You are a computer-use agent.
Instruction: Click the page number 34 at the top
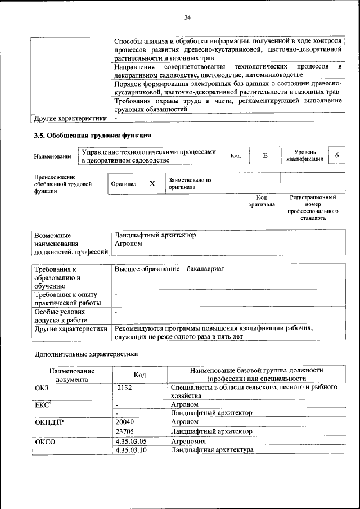188,18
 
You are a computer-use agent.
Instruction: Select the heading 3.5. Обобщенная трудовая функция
93,136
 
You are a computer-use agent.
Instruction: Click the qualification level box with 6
336,155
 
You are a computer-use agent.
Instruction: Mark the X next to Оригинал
152,184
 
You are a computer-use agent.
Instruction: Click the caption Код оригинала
262,201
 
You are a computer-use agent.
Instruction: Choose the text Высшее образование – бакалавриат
169,269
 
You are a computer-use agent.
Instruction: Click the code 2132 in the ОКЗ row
125,388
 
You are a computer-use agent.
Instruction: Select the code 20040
125,421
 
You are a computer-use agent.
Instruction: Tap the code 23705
125,431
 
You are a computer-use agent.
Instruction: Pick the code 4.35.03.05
130,442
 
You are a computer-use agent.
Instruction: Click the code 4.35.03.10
130,451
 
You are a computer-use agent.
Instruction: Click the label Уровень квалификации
304,155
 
